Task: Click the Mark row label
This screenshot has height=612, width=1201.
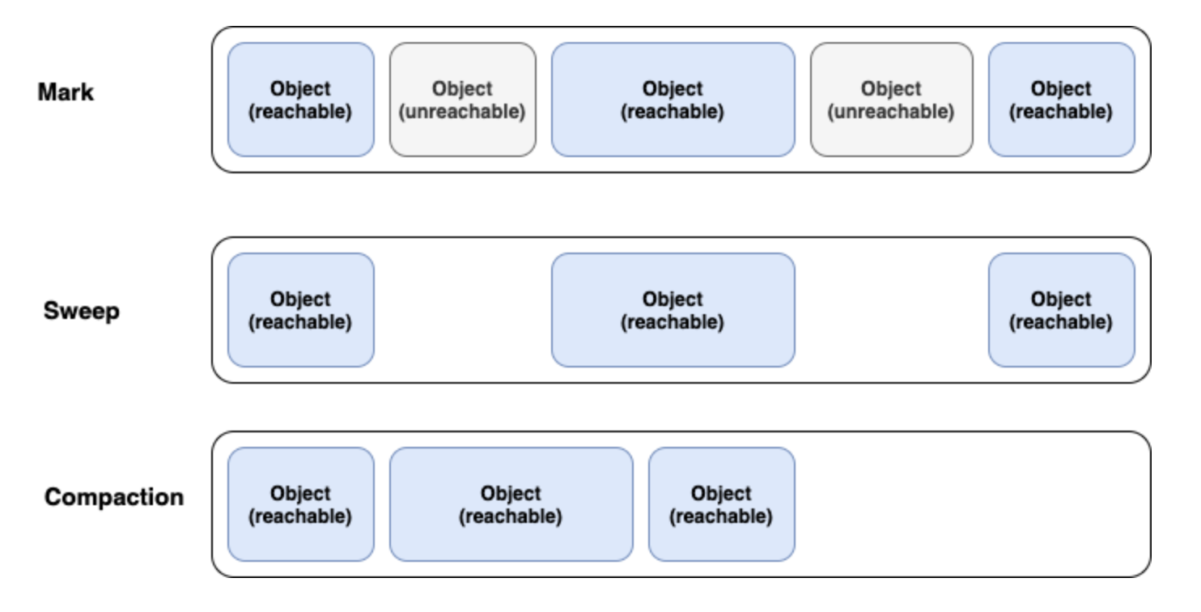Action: coord(66,92)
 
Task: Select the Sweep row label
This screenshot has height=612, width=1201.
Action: coord(81,311)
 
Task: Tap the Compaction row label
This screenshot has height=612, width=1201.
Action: coord(113,497)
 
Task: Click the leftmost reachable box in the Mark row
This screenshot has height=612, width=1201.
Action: coord(300,100)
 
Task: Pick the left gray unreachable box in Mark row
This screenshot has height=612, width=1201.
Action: coord(462,100)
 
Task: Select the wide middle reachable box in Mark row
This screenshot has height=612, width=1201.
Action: coord(673,100)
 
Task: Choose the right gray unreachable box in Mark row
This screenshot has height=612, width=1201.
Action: coord(891,100)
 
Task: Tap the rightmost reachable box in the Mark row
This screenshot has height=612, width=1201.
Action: coord(1061,100)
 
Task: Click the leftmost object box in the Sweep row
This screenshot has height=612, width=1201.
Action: coord(300,310)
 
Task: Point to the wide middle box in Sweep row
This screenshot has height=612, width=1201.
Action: coord(673,310)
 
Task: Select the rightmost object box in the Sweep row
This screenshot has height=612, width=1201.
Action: coord(1061,310)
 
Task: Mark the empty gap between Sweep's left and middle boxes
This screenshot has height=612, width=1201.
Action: coord(462,310)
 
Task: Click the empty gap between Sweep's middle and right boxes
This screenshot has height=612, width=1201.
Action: coord(891,310)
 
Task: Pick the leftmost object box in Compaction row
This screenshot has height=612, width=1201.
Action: coord(300,504)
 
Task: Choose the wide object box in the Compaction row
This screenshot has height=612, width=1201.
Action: coord(511,504)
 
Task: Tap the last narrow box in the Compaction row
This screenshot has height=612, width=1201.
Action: coord(721,504)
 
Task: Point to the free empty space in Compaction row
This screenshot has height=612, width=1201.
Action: coord(971,504)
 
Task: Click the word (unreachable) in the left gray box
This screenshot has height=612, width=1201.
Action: coord(462,112)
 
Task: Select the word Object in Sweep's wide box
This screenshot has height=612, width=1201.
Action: coord(673,300)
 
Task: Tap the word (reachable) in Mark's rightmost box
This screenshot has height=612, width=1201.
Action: coord(1061,112)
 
